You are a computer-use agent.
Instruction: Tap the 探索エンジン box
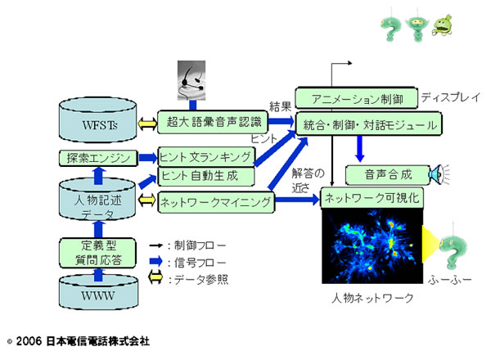point(96,158)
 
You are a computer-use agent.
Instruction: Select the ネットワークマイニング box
point(214,201)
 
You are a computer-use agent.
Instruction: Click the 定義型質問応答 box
point(96,250)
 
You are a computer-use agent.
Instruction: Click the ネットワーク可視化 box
point(373,198)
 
